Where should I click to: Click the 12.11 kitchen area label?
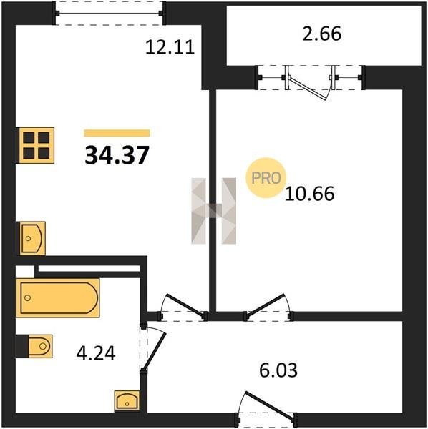pyautogui.click(x=170, y=47)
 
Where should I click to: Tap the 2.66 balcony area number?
pyautogui.click(x=322, y=34)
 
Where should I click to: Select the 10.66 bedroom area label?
pyautogui.click(x=310, y=194)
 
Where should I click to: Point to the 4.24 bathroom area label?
pyautogui.click(x=96, y=353)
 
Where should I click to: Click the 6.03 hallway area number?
pyautogui.click(x=278, y=370)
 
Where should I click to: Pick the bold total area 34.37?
pyautogui.click(x=117, y=155)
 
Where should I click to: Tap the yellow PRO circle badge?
pyautogui.click(x=266, y=178)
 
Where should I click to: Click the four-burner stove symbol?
pyautogui.click(x=35, y=145)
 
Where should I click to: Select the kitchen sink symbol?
pyautogui.click(x=31, y=238)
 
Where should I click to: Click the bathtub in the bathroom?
pyautogui.click(x=58, y=298)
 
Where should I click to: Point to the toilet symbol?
pyautogui.click(x=34, y=346)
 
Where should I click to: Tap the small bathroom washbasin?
pyautogui.click(x=127, y=400)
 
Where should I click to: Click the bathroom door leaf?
pyautogui.click(x=154, y=352)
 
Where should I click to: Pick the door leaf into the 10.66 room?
pyautogui.click(x=266, y=305)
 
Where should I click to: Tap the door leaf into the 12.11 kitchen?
pyautogui.click(x=185, y=306)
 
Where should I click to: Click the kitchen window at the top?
pyautogui.click(x=110, y=13)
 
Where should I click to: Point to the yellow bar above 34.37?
pyautogui.click(x=117, y=133)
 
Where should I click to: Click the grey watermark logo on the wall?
pyautogui.click(x=213, y=211)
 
